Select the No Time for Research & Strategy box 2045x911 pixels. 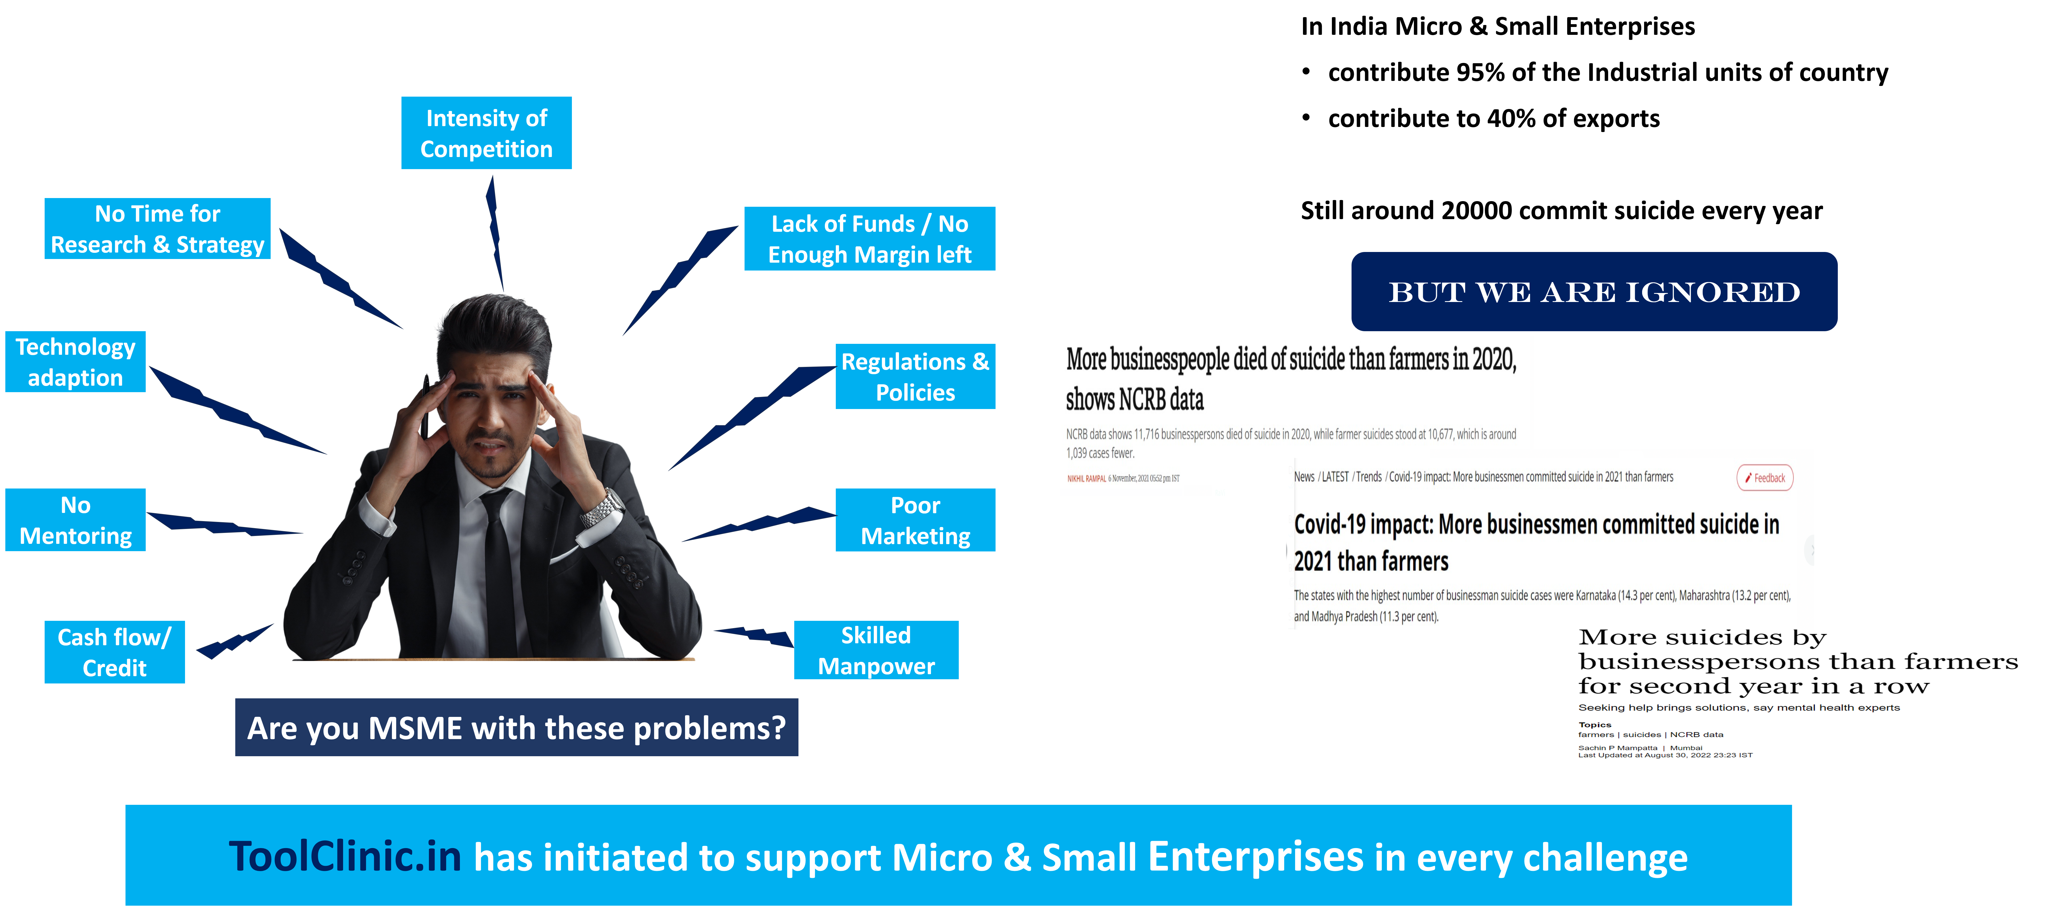(157, 229)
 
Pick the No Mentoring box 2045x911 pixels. (76, 520)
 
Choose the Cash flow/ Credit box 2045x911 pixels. (114, 652)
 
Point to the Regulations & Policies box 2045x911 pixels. (915, 376)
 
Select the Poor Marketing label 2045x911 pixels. (915, 520)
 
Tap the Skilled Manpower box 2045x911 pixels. (876, 651)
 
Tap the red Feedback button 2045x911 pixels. (1765, 477)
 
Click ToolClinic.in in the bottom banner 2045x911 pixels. (344, 856)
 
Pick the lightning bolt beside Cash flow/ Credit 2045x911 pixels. (234, 642)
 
